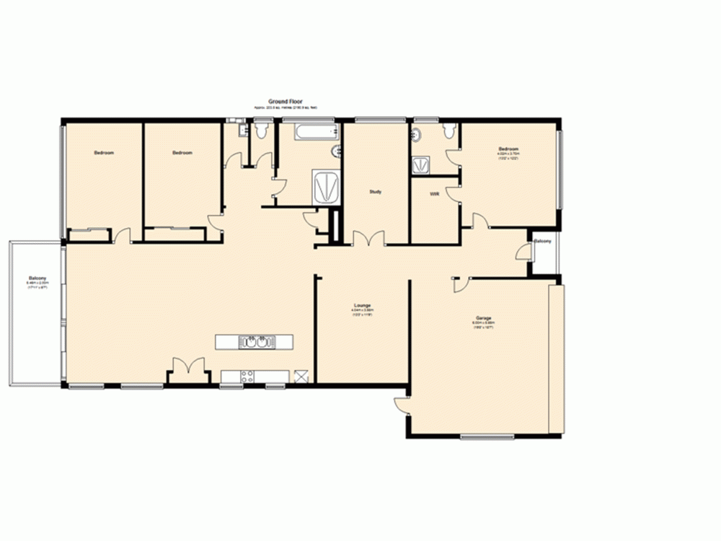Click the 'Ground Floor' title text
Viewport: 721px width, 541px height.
(286, 102)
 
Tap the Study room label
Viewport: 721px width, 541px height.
(375, 192)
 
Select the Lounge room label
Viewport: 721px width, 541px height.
(362, 306)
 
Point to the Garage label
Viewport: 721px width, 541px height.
(483, 318)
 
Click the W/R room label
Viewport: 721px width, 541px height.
(435, 195)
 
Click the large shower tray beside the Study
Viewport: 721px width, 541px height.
(326, 186)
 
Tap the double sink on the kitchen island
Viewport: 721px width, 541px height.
(255, 341)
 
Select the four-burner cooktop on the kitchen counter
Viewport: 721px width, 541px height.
(247, 375)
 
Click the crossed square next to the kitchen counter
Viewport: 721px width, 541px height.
(301, 375)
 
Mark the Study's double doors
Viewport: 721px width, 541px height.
(368, 239)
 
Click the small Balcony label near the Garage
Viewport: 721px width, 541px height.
(542, 241)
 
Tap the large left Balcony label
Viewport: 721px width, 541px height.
(37, 278)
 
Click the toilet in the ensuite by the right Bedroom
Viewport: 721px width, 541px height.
(449, 131)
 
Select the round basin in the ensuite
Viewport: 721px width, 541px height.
(417, 134)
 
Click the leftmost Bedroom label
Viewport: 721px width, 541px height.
(104, 153)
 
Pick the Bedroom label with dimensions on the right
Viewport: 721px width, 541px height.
(508, 149)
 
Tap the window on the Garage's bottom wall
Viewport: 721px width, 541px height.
(487, 436)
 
